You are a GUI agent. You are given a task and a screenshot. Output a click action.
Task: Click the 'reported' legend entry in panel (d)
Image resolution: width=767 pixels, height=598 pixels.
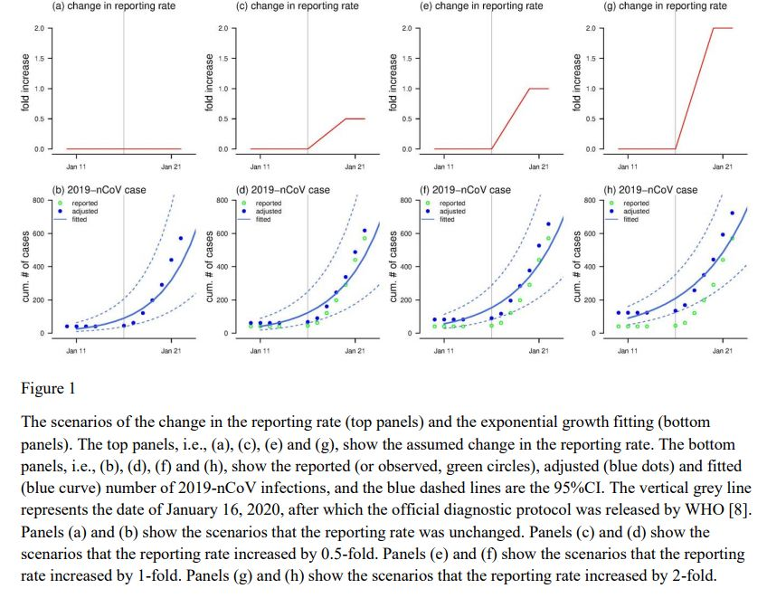click(269, 204)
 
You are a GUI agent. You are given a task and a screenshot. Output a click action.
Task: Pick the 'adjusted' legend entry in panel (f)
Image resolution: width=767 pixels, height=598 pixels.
click(452, 212)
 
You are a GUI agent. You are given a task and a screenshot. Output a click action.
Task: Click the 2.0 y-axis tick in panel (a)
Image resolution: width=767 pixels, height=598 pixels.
click(39, 29)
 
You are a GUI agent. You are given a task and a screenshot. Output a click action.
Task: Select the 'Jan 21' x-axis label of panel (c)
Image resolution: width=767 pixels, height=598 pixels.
click(355, 166)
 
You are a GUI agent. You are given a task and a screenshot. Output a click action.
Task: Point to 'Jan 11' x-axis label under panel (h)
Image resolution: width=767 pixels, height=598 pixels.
click(627, 349)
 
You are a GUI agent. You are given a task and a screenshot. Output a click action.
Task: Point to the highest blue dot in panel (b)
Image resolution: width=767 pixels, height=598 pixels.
click(180, 239)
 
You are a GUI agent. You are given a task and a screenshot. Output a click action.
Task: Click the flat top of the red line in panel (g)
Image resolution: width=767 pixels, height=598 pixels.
click(723, 29)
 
